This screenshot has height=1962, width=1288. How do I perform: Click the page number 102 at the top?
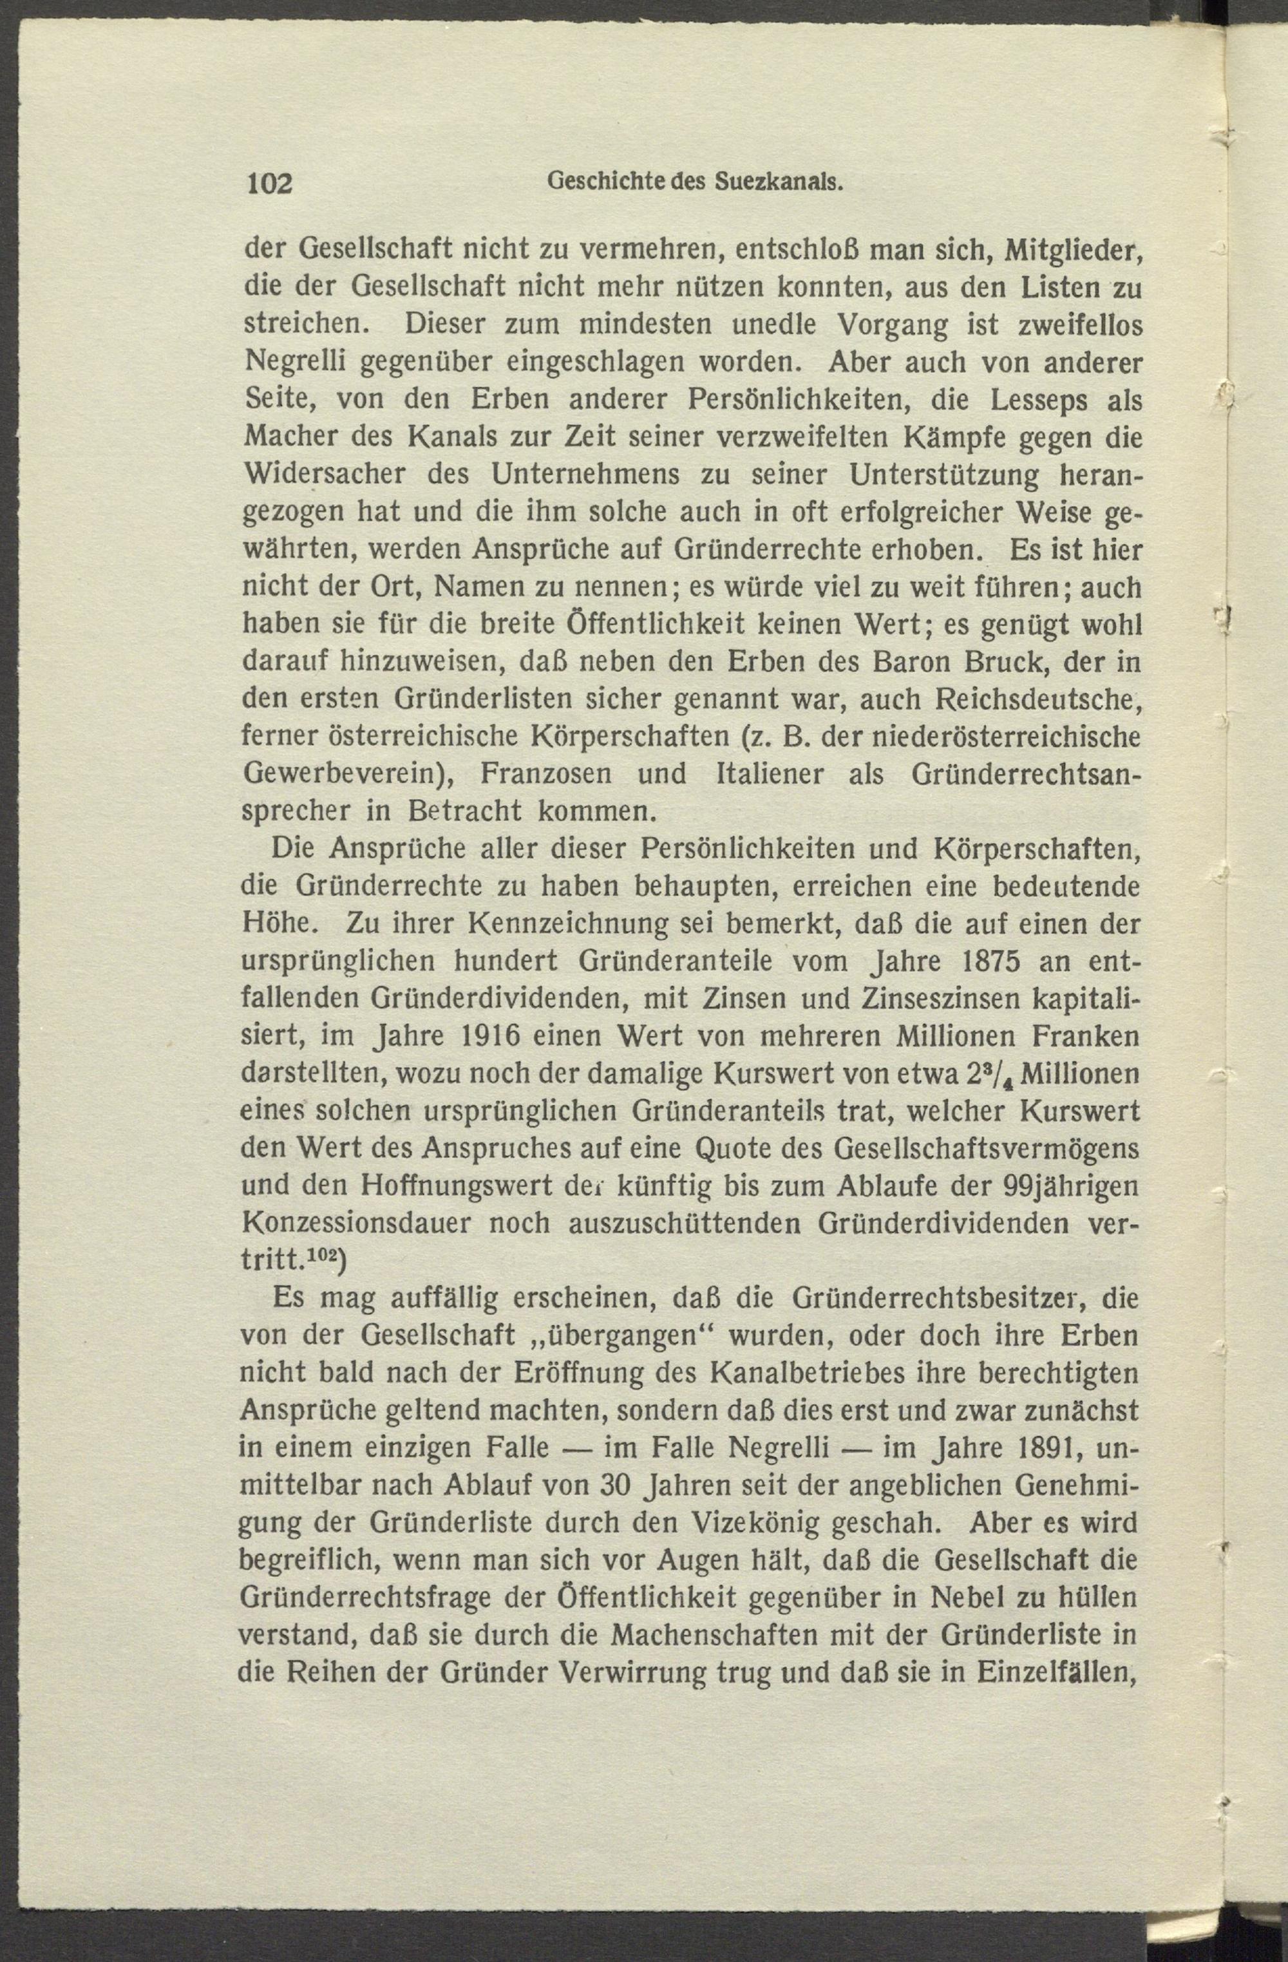point(270,184)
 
